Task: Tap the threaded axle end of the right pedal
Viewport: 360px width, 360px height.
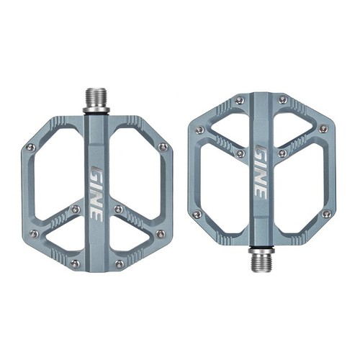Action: click(x=261, y=263)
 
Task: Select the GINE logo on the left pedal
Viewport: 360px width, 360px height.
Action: click(x=96, y=194)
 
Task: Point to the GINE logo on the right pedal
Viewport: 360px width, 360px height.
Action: click(x=261, y=172)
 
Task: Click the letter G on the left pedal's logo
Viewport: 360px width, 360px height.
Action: click(x=97, y=172)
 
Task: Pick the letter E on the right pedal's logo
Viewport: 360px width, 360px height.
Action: click(x=261, y=193)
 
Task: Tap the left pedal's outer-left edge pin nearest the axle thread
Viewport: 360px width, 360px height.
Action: click(x=30, y=148)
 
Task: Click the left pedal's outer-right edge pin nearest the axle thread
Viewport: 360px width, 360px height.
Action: click(x=163, y=146)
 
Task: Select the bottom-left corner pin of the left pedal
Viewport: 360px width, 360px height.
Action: click(x=75, y=264)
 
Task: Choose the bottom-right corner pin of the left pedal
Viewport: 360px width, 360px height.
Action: click(x=119, y=264)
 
